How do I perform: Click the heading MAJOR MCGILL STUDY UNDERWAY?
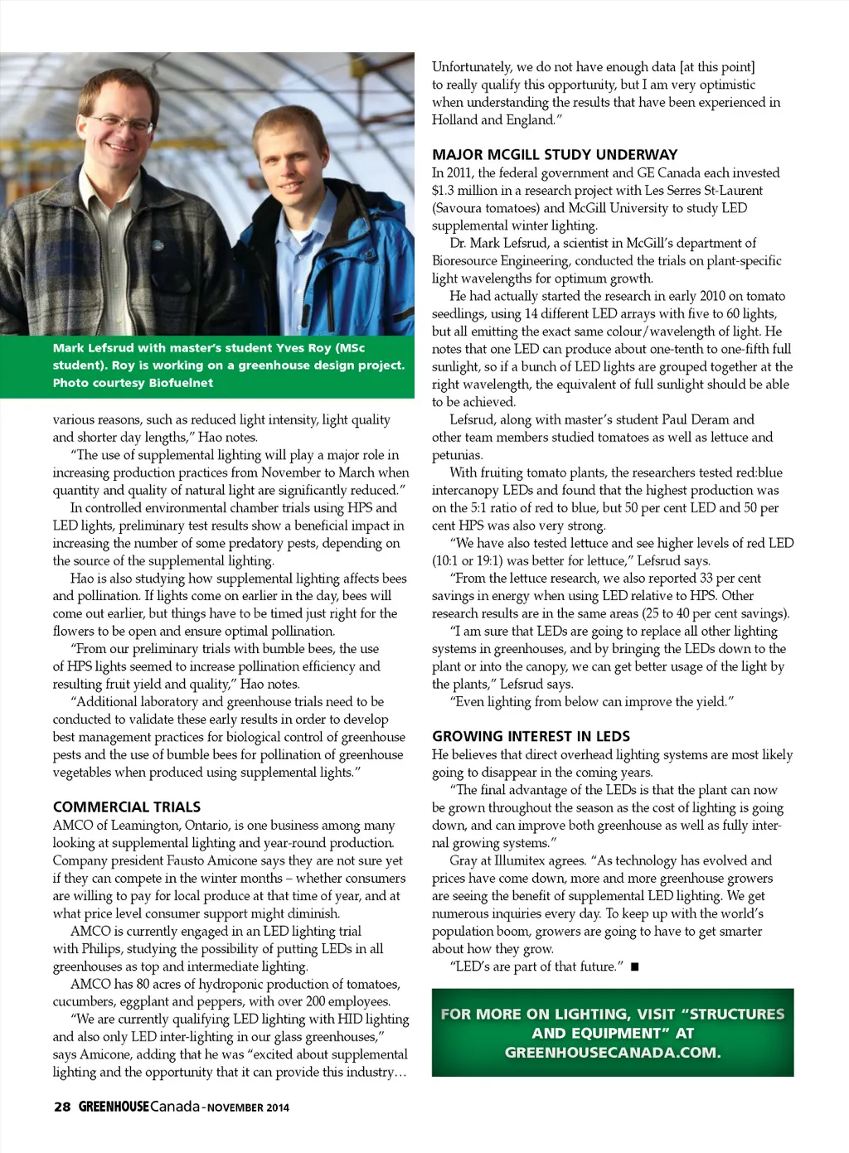pos(555,154)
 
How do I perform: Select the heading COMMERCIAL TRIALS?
pos(127,807)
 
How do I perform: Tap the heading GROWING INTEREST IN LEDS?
pos(531,736)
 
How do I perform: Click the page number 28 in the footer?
pos(62,1107)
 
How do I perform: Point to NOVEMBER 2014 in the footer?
pos(248,1107)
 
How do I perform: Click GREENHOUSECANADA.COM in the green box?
pos(613,1053)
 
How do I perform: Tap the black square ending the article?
pos(634,966)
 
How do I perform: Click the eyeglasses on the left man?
pos(121,124)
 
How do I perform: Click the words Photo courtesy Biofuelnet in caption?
pos(133,383)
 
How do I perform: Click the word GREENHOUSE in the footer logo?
pos(114,1107)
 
